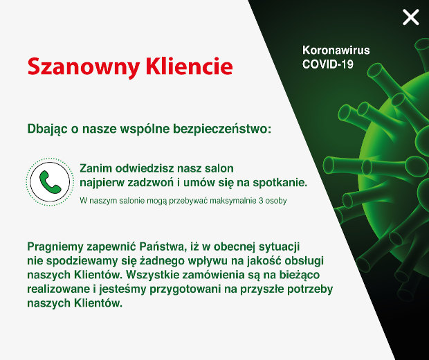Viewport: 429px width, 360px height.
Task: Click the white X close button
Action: [411, 17]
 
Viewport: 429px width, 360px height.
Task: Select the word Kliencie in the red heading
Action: [188, 66]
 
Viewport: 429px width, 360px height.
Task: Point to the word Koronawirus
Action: [336, 51]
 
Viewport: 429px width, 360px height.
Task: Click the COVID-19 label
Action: [328, 64]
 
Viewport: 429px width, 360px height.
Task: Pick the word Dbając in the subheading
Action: [46, 129]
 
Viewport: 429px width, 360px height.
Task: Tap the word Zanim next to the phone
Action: [95, 169]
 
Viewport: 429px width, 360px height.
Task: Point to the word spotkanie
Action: [277, 183]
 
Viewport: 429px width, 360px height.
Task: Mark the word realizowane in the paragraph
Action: [57, 289]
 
